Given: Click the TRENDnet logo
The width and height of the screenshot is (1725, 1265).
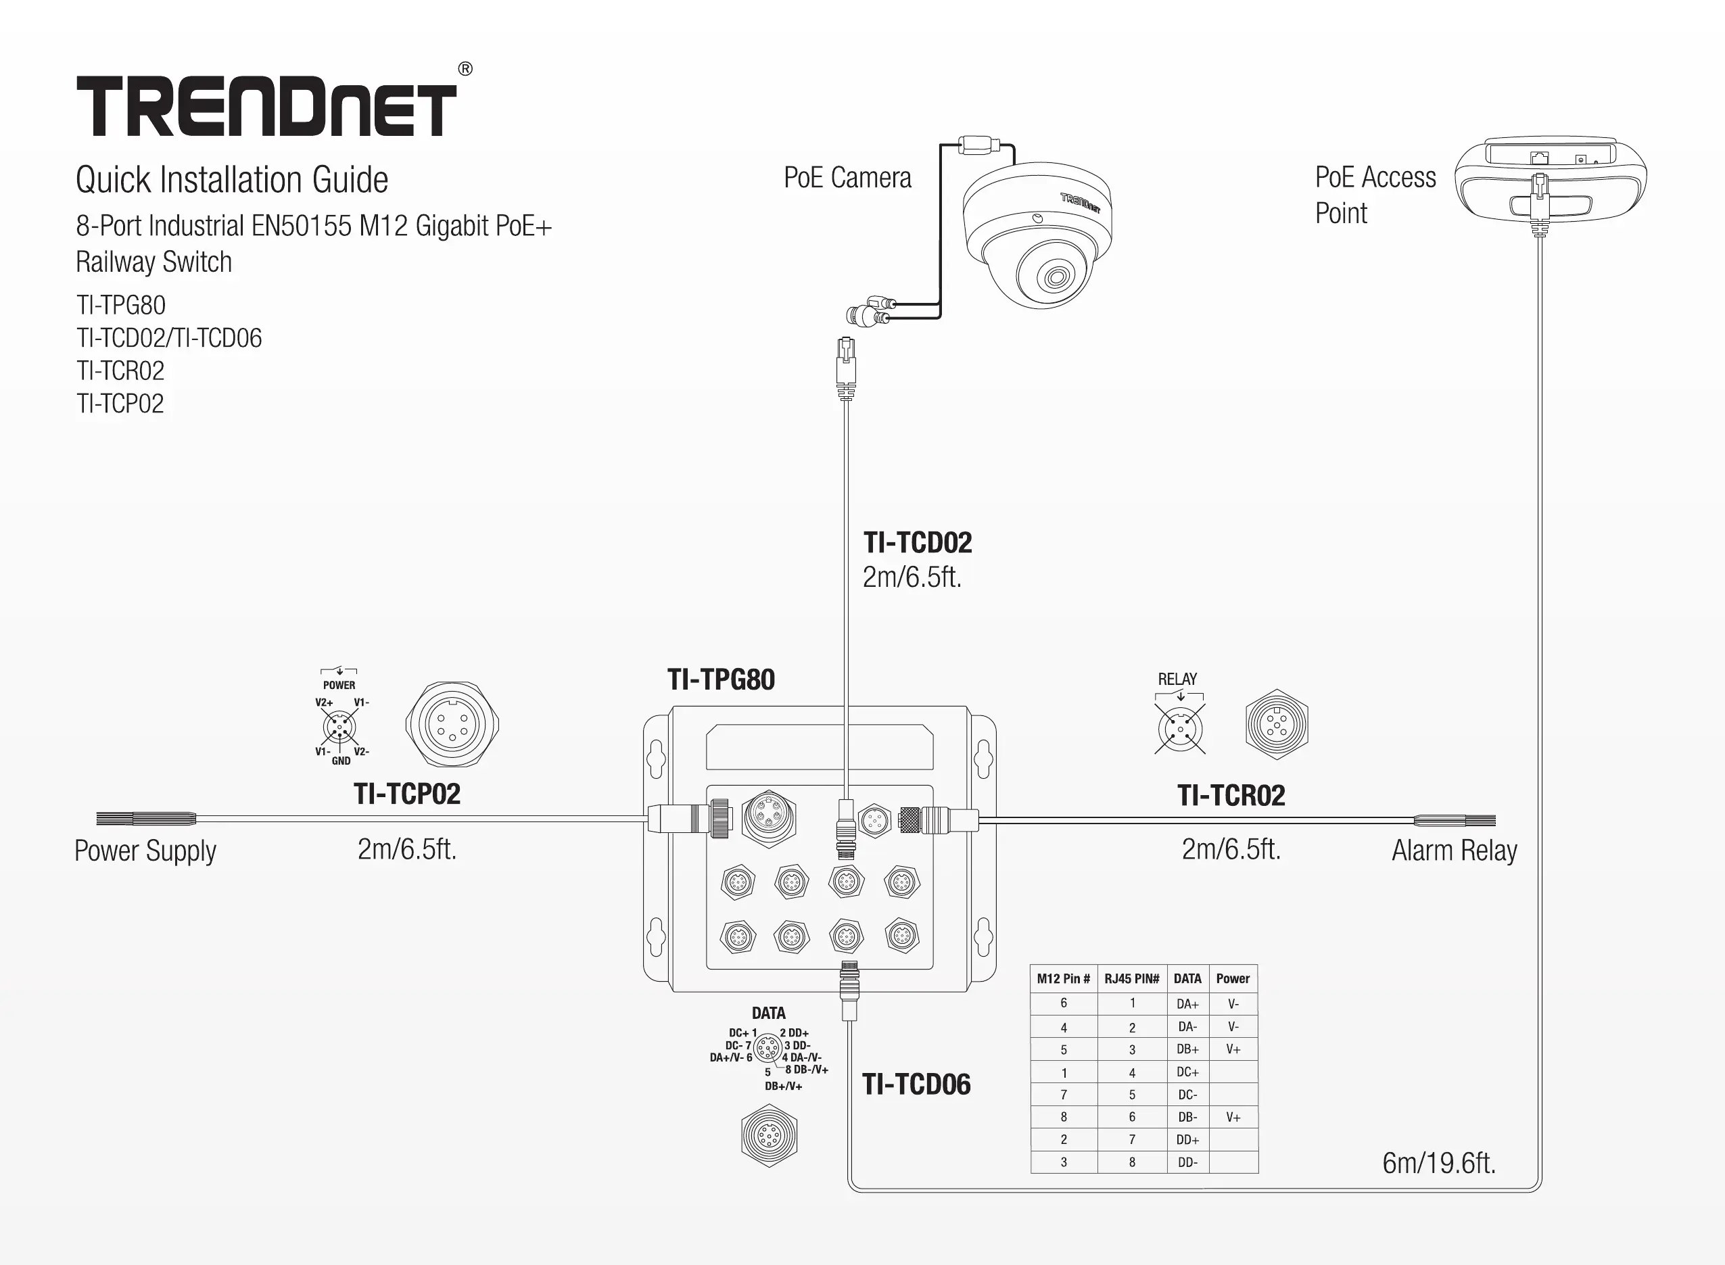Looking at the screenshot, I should pyautogui.click(x=266, y=105).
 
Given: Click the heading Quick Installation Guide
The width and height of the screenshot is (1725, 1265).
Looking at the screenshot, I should pyautogui.click(x=232, y=180).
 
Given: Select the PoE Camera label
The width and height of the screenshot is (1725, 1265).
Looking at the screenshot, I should pyautogui.click(x=847, y=178).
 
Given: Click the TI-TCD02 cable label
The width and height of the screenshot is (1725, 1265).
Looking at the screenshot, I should pyautogui.click(x=917, y=543).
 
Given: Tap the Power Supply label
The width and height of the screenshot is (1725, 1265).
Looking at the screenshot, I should pyautogui.click(x=145, y=851).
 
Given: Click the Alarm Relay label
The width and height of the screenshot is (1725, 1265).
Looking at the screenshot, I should pyautogui.click(x=1454, y=850).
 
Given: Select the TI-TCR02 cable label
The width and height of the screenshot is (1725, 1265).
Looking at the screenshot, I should pyautogui.click(x=1231, y=796).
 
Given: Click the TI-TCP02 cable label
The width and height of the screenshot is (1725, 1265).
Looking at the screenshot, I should pyautogui.click(x=406, y=794).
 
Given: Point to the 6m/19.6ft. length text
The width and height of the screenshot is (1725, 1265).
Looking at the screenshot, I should pyautogui.click(x=1439, y=1163).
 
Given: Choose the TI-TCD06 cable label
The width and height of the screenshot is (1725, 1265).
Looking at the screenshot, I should pyautogui.click(x=916, y=1084).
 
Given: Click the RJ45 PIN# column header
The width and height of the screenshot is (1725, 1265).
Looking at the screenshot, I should pyautogui.click(x=1131, y=978).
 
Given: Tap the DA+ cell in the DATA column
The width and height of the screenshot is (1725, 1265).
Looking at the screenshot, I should pyautogui.click(x=1187, y=1004).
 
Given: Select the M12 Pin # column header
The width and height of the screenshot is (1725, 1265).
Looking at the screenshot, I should pyautogui.click(x=1063, y=978).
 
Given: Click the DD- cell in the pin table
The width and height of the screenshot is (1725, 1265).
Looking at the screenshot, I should pyautogui.click(x=1187, y=1162).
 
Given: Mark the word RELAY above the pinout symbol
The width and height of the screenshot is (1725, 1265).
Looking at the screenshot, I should pyautogui.click(x=1177, y=679).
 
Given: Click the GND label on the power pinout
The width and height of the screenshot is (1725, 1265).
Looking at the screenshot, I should pyautogui.click(x=341, y=761).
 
